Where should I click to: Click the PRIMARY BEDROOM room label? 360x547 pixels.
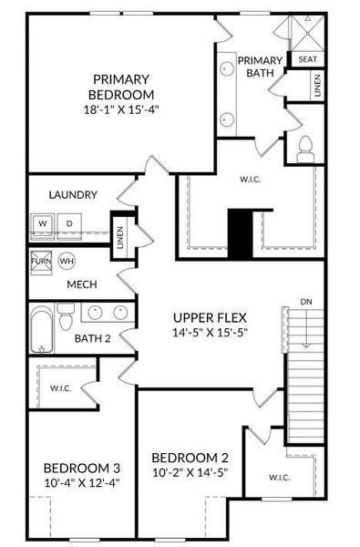120,86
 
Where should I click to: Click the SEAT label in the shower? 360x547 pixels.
306,58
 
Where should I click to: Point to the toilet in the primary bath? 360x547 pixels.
306,146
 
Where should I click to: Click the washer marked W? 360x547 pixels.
43,222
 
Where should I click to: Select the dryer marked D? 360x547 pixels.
68,222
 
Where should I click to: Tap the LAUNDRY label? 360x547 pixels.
73,194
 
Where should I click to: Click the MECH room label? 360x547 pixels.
82,284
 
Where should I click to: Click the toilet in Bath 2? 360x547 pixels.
66,322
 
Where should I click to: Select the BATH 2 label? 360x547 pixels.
94,339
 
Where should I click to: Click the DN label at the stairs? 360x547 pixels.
306,301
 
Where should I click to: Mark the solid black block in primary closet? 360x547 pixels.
241,233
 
